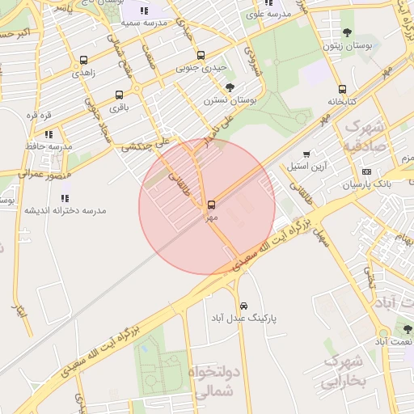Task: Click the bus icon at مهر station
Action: [x=212, y=205]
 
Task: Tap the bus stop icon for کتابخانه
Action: [x=342, y=90]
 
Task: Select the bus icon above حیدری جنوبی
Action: [x=201, y=56]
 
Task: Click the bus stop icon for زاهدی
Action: [x=84, y=61]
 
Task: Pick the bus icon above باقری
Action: [x=120, y=95]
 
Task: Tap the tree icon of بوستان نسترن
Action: [x=230, y=87]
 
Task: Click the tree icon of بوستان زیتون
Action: [x=347, y=33]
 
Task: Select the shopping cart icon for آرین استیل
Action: [x=306, y=154]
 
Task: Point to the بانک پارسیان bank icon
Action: [x=366, y=172]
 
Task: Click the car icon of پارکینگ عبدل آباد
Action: [x=244, y=306]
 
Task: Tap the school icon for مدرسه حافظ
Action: [x=49, y=134]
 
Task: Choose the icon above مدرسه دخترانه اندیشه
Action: [x=65, y=197]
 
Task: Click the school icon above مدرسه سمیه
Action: [x=144, y=11]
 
